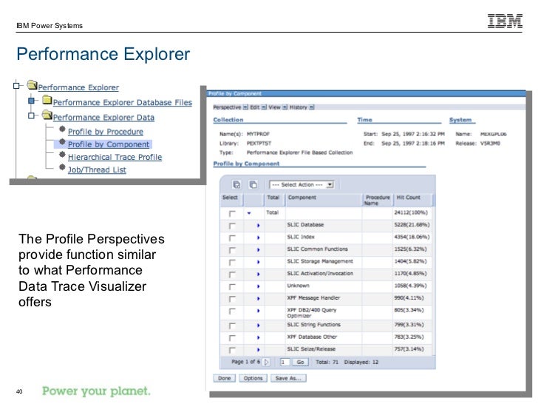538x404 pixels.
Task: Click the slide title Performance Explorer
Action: tap(103, 55)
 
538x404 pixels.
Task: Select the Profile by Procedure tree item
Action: tap(104, 132)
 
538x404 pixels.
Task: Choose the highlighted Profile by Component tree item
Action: tap(108, 144)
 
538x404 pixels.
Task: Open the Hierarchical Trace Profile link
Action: tap(115, 157)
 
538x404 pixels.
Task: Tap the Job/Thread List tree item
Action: tap(97, 169)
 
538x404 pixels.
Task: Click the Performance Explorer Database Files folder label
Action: tap(122, 102)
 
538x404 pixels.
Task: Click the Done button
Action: tap(224, 378)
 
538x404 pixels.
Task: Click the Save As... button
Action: tap(288, 378)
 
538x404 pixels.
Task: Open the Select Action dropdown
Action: tap(302, 184)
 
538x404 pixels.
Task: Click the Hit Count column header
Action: tap(408, 198)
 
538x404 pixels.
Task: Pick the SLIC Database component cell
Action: tap(305, 224)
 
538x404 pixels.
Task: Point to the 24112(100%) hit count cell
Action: tap(411, 212)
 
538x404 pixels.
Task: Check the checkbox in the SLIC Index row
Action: tap(232, 237)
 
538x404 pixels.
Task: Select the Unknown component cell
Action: tap(299, 286)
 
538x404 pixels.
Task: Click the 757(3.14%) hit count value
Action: tap(410, 349)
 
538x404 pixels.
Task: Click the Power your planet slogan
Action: tap(96, 390)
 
